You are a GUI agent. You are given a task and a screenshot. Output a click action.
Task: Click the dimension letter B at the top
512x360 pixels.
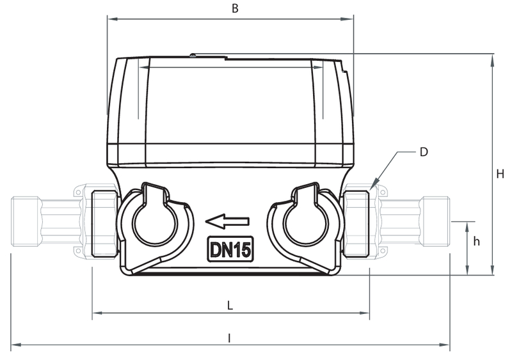tap(235, 8)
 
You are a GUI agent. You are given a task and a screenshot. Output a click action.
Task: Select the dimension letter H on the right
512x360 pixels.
tap(500, 174)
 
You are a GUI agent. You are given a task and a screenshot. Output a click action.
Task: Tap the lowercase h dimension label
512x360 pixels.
tap(476, 241)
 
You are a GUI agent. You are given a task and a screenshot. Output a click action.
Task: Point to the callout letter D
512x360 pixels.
tap(424, 152)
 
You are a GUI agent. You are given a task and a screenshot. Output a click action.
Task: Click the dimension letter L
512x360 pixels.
tap(230, 306)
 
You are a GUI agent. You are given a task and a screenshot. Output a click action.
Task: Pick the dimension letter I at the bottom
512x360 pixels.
tap(229, 338)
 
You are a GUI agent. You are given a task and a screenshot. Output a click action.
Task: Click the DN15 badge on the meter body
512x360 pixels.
tap(230, 249)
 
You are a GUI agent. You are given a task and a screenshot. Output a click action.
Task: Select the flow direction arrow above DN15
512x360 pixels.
tap(227, 221)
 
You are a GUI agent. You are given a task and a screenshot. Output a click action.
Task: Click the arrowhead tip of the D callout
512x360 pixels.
tap(371, 189)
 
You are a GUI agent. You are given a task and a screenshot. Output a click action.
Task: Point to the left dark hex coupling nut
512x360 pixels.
tap(104, 223)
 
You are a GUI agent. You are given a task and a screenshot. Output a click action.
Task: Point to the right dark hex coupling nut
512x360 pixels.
tap(357, 223)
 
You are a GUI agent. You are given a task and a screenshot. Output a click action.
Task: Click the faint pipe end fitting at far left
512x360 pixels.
tap(26, 221)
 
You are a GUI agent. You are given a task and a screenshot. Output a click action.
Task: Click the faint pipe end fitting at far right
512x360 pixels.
tap(435, 221)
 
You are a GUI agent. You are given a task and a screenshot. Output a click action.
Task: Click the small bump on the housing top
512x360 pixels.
tap(193, 55)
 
